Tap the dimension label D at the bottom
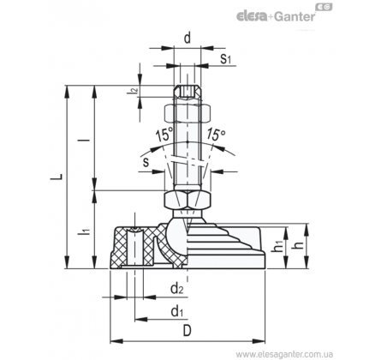pyautogui.click(x=187, y=331)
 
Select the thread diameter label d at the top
pyautogui.click(x=187, y=38)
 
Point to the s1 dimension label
pyautogui.click(x=225, y=58)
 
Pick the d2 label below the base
pyautogui.click(x=177, y=289)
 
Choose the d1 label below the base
pyautogui.click(x=177, y=311)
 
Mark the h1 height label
pyautogui.click(x=277, y=246)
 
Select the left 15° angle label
pyautogui.click(x=164, y=134)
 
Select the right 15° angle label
pyautogui.click(x=216, y=134)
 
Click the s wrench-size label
pyautogui.click(x=146, y=162)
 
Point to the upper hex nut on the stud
pyautogui.click(x=188, y=112)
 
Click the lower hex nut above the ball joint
pyautogui.click(x=188, y=200)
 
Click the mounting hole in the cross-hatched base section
pyautogui.click(x=134, y=247)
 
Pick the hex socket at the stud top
pyautogui.click(x=188, y=91)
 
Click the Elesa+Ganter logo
pyautogui.click(x=284, y=14)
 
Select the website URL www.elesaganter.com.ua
pyautogui.click(x=284, y=354)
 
